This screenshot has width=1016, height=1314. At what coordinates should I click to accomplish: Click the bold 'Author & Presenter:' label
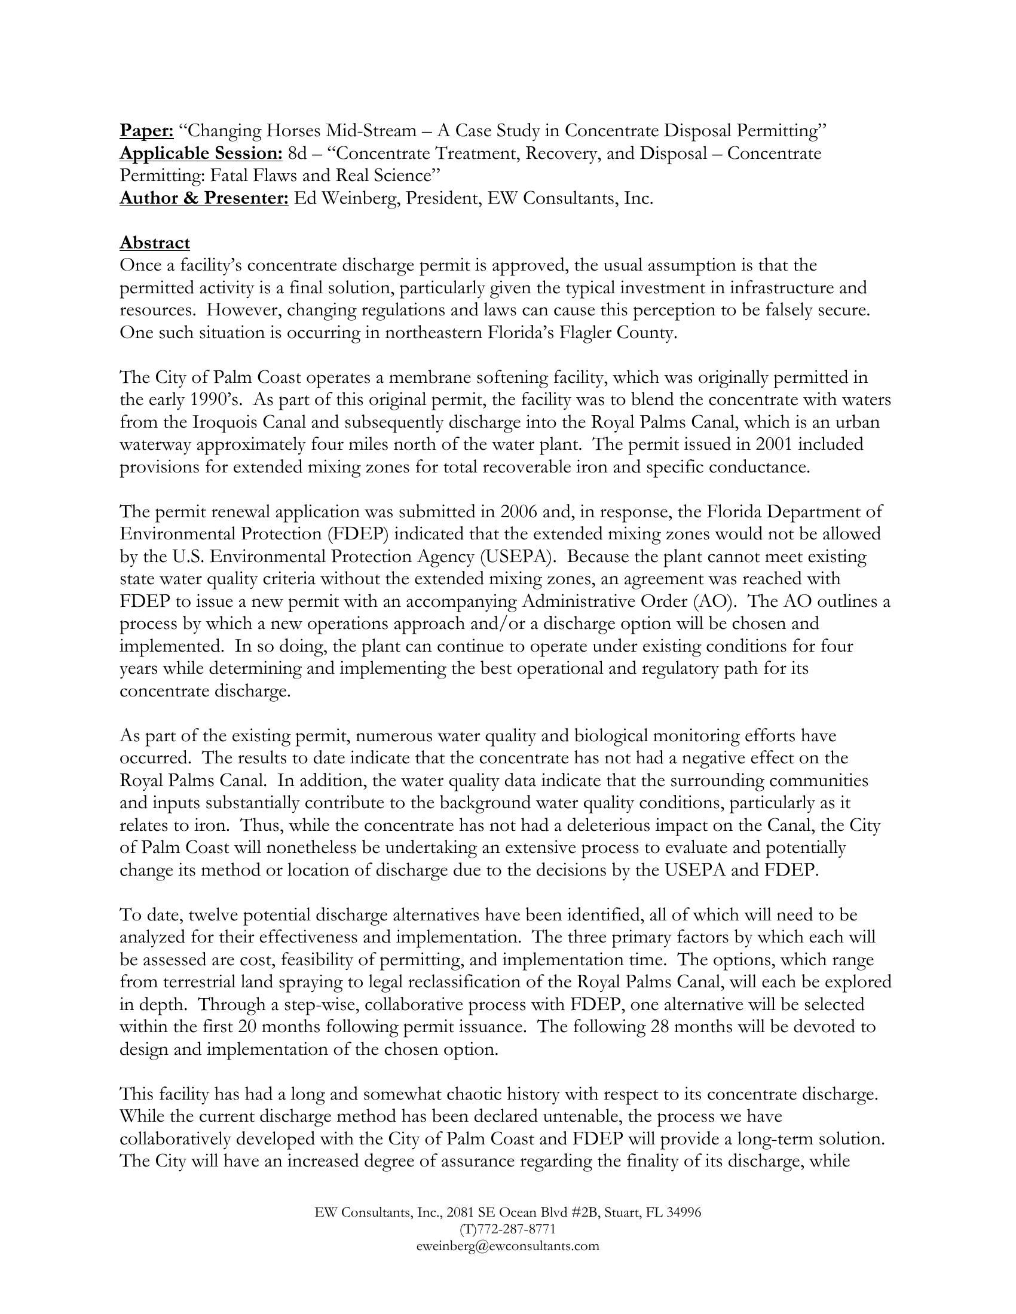click(204, 198)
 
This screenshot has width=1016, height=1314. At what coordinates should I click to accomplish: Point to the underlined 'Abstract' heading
click(155, 242)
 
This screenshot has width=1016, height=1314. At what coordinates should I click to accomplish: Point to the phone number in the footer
click(507, 1229)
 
